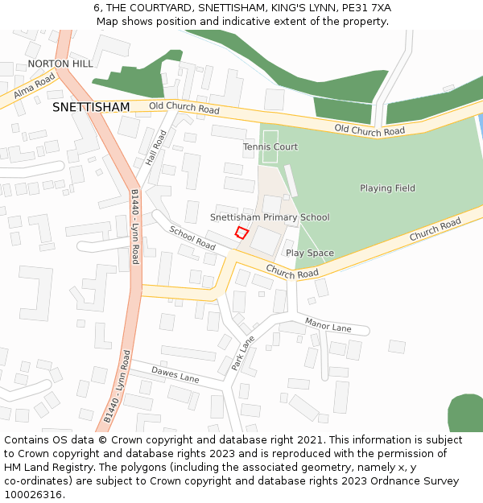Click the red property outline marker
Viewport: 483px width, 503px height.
point(241,233)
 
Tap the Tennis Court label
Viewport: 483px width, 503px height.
point(270,147)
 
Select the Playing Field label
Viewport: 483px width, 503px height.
point(387,188)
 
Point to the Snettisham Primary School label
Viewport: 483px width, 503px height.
point(270,217)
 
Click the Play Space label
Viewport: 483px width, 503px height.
point(309,253)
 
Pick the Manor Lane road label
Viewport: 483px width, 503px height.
point(328,324)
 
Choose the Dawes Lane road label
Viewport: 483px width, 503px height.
point(175,373)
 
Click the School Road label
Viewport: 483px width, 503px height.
point(192,237)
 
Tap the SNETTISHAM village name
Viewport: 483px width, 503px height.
point(91,107)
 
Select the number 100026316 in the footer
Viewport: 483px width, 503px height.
point(34,494)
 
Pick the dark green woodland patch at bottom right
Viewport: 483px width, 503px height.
point(465,413)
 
